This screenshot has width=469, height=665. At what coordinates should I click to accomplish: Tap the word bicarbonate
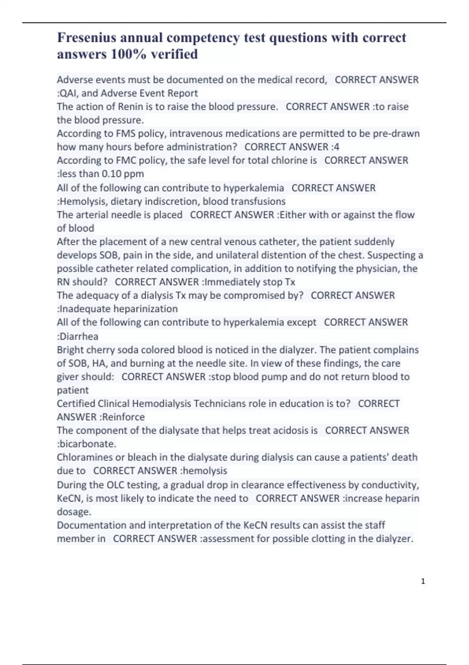pyautogui.click(x=87, y=444)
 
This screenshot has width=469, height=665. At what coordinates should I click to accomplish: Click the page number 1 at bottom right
pyautogui.click(x=423, y=581)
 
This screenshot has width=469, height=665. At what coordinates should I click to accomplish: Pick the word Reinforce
pyautogui.click(x=124, y=417)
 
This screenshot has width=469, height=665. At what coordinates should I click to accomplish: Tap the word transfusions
pyautogui.click(x=258, y=201)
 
